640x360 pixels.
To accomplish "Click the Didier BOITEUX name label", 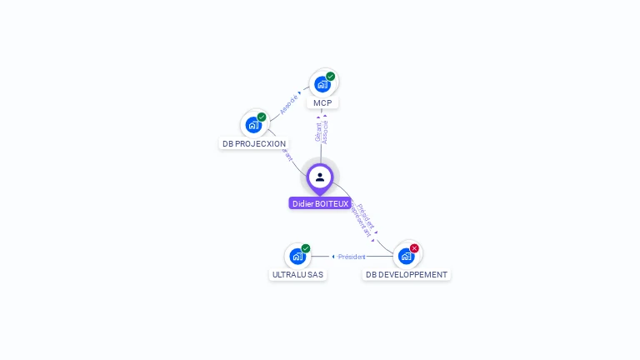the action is pyautogui.click(x=320, y=203).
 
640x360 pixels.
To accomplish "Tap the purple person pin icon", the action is pyautogui.click(x=320, y=177).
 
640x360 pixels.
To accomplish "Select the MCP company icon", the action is pyautogui.click(x=322, y=84).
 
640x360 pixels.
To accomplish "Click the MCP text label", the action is pyautogui.click(x=322, y=103).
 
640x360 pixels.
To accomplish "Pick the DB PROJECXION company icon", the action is pyautogui.click(x=253, y=125).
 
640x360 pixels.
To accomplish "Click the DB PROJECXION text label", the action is pyautogui.click(x=253, y=144).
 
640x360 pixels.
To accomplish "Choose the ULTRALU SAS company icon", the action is pyautogui.click(x=297, y=256).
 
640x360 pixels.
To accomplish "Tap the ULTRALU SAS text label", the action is pyautogui.click(x=297, y=274).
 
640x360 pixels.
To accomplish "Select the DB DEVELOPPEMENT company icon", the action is pyautogui.click(x=406, y=256).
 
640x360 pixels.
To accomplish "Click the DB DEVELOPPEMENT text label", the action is pyautogui.click(x=407, y=274).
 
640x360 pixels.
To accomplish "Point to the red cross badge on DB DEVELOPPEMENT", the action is pyautogui.click(x=414, y=248).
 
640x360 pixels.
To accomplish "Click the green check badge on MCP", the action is pyautogui.click(x=331, y=77).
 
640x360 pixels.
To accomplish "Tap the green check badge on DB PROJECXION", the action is pyautogui.click(x=262, y=117).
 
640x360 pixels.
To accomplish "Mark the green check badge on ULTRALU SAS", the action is pyautogui.click(x=306, y=248).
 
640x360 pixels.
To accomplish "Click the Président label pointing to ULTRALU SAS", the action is pyautogui.click(x=352, y=257).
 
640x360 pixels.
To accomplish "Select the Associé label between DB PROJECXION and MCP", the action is pyautogui.click(x=288, y=104).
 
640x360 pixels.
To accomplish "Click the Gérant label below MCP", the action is pyautogui.click(x=317, y=132).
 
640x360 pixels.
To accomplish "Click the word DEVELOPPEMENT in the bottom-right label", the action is pyautogui.click(x=414, y=274).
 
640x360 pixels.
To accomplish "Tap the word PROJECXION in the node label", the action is pyautogui.click(x=260, y=144).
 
